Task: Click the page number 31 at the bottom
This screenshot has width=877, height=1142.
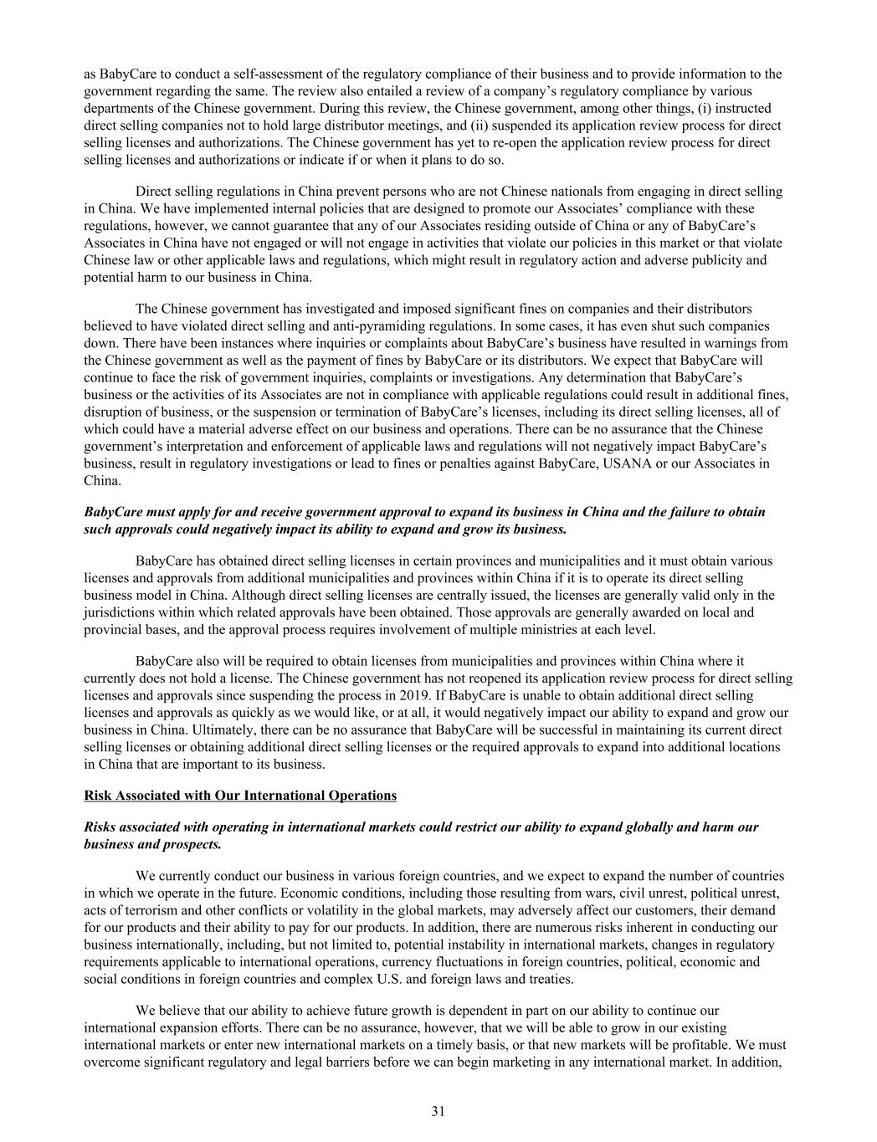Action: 438,1111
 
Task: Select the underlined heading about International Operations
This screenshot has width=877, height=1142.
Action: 240,795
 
